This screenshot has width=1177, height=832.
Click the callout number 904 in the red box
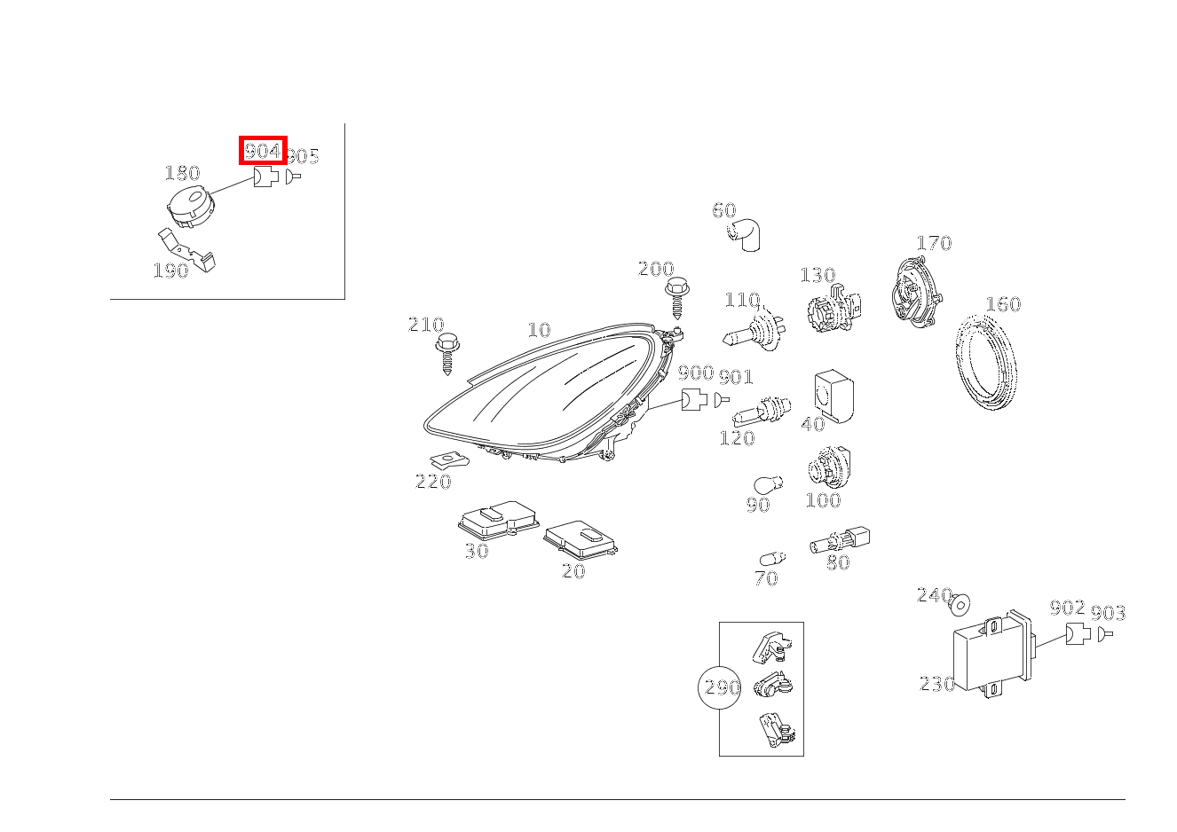(x=263, y=150)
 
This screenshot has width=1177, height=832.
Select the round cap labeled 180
(x=191, y=207)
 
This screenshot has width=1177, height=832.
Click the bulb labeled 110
(x=753, y=330)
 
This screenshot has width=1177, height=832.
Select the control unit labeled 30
(x=498, y=519)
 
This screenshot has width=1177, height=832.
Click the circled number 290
(x=720, y=687)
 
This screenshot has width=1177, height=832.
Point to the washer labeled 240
(x=960, y=605)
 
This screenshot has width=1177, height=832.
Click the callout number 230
(x=936, y=684)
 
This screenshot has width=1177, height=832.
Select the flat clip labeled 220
(x=449, y=461)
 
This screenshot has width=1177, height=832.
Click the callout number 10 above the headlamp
(x=539, y=330)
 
